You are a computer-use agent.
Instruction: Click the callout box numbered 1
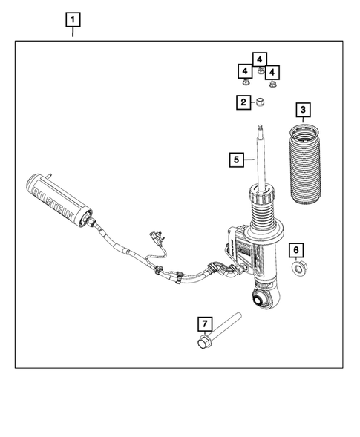pyautogui.click(x=72, y=18)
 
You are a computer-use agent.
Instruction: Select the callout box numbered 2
pyautogui.click(x=243, y=102)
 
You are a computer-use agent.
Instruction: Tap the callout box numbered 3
pyautogui.click(x=302, y=111)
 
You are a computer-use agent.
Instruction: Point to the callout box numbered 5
pyautogui.click(x=235, y=158)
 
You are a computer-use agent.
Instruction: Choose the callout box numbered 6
pyautogui.click(x=295, y=249)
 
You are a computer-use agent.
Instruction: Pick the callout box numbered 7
pyautogui.click(x=204, y=323)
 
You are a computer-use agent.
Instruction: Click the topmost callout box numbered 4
pyautogui.click(x=258, y=58)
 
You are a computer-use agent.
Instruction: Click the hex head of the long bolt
pyautogui.click(x=204, y=342)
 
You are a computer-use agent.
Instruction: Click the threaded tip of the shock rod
pyautogui.click(x=261, y=132)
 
